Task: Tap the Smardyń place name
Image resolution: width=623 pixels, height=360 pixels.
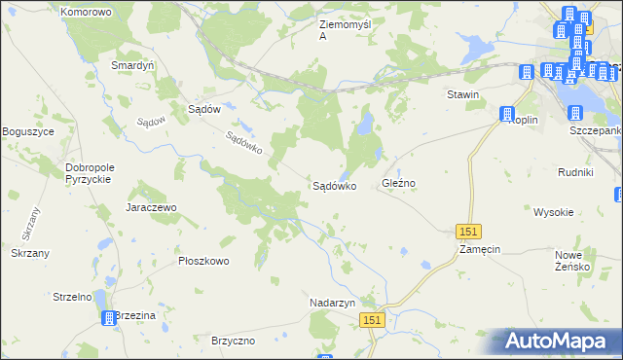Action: tap(132, 66)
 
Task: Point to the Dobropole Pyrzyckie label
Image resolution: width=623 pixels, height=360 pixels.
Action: tap(91, 173)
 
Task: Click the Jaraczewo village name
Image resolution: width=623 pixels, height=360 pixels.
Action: tap(150, 207)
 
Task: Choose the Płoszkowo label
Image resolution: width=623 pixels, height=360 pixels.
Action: tap(203, 261)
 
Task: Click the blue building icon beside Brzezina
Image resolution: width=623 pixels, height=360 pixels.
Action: tap(106, 317)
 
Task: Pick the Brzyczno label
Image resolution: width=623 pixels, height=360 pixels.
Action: tap(234, 341)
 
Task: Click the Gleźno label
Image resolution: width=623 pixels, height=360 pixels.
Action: tap(399, 183)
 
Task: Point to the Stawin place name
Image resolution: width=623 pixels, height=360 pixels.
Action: tap(462, 94)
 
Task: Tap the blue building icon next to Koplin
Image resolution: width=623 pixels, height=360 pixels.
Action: tap(506, 115)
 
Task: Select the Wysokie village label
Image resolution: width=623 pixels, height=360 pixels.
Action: tap(553, 211)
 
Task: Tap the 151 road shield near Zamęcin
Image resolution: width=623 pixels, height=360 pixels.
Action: tap(469, 231)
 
